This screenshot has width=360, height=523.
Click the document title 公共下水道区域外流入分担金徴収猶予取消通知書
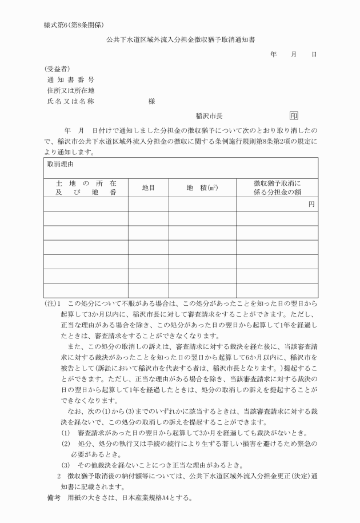180,41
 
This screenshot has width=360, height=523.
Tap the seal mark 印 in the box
294,115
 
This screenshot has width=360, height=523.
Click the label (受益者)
57,69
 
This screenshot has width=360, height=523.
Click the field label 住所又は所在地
70,90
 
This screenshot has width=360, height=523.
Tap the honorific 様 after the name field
151,101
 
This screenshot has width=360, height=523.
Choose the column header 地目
148,187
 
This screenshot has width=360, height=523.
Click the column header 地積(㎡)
202,187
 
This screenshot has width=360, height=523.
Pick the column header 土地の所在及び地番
86,187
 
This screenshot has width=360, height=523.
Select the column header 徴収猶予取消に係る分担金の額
277,187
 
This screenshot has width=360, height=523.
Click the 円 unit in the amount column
311,203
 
